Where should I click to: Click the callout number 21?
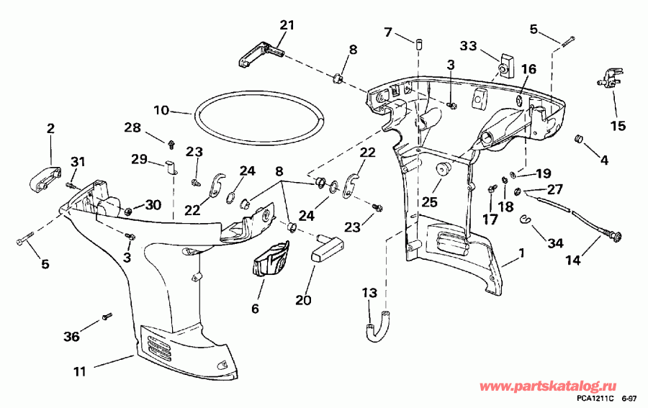point(287,26)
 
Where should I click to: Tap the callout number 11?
point(80,372)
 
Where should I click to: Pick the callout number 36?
point(71,335)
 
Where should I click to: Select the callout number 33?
point(469,45)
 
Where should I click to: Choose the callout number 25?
point(429,203)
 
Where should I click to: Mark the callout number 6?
point(255,308)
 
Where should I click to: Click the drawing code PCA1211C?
point(595,399)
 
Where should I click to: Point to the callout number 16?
point(529,69)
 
